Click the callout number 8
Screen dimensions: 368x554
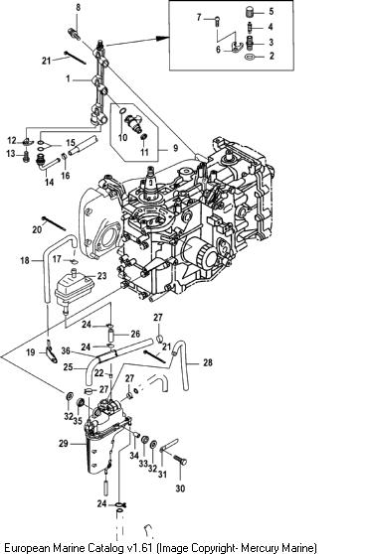coord(79,7)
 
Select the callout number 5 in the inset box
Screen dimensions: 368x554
coord(272,11)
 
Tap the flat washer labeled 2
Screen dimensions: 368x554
coord(250,57)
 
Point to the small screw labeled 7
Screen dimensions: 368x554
coord(217,21)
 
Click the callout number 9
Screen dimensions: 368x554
coord(175,147)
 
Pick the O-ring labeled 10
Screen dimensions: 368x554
coord(122,111)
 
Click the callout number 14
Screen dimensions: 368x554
coord(49,182)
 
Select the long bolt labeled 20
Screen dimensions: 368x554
coord(54,223)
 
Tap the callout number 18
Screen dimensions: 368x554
coord(25,261)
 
